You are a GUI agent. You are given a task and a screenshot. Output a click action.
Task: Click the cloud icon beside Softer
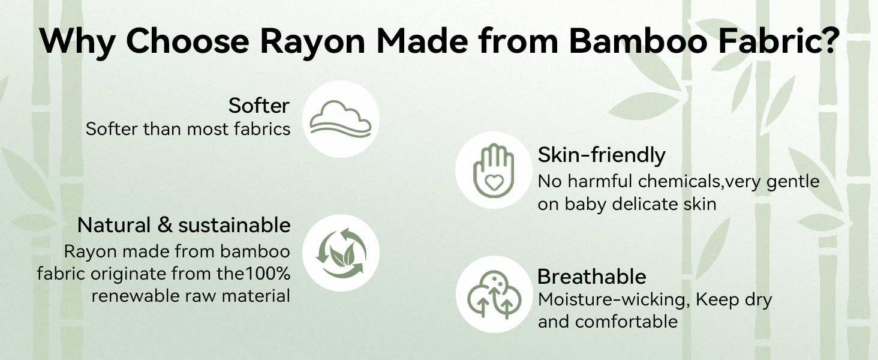point(340,119)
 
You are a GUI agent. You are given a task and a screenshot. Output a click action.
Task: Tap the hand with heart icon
point(494,170)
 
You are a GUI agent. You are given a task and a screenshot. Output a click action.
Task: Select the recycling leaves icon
point(341,253)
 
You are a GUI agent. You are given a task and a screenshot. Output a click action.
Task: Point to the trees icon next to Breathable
point(494,295)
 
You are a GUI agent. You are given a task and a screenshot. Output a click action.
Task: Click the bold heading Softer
point(258,106)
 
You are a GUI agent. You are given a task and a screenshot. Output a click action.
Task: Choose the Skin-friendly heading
point(602,155)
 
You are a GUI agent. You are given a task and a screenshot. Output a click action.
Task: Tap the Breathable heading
point(591,277)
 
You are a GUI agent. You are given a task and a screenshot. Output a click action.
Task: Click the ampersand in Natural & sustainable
point(165,225)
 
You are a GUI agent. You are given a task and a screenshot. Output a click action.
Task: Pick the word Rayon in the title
point(312,43)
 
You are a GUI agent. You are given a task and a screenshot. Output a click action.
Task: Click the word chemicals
point(679,181)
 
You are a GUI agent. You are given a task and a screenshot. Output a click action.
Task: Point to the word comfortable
point(626,322)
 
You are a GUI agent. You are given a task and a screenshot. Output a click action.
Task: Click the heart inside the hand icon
point(494,182)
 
